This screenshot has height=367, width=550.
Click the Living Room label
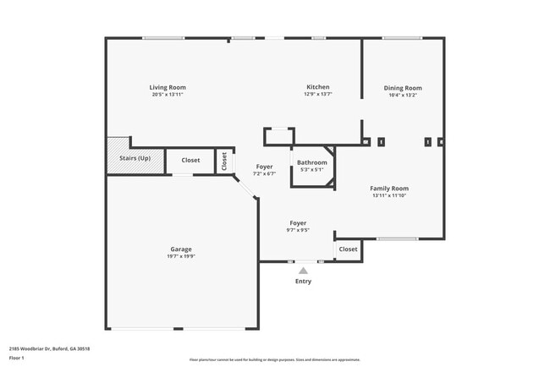(168, 87)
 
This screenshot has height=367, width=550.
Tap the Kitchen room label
(317, 87)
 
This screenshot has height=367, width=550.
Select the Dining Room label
(402, 88)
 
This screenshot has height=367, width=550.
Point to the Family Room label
(389, 188)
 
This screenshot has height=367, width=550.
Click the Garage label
(180, 249)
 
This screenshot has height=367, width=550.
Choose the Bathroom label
(311, 162)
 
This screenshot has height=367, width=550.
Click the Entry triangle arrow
(303, 271)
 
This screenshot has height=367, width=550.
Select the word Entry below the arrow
(303, 281)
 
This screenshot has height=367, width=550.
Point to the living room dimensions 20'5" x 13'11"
(168, 95)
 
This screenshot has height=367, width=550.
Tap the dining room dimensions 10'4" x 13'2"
(402, 96)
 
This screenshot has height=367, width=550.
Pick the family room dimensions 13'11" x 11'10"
(389, 195)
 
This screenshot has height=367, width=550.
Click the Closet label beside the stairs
(190, 160)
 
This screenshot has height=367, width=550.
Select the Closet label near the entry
(348, 249)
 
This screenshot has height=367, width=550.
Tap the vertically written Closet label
(224, 161)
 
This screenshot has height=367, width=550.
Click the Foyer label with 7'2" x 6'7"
(264, 167)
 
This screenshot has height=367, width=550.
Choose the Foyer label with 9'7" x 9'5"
(297, 222)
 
